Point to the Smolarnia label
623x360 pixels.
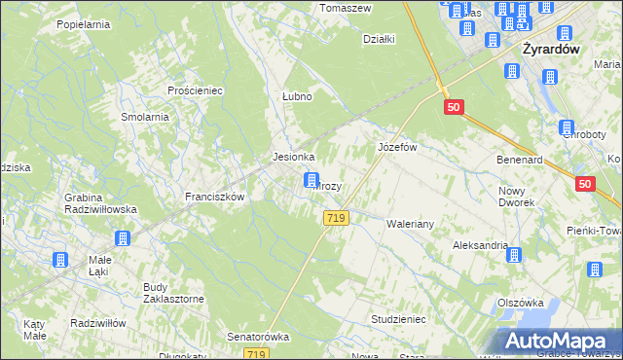[x=145, y=117]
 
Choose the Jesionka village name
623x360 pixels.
[x=293, y=157]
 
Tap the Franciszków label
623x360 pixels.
[x=214, y=196]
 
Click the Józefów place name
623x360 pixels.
[x=397, y=147]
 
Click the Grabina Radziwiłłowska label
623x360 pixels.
[x=100, y=203]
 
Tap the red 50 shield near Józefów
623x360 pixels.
[x=453, y=108]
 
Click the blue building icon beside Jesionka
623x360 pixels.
[x=311, y=180]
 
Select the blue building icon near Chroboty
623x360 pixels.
[x=567, y=127]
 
